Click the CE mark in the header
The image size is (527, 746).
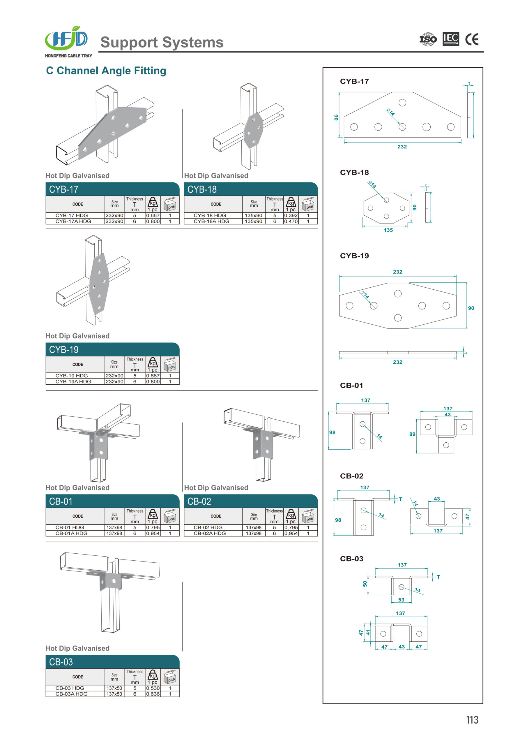tap(471, 39)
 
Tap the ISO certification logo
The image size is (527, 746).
tap(428, 39)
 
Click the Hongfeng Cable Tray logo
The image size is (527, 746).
tap(68, 42)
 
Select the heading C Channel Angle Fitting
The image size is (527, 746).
tap(106, 71)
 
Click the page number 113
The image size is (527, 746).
tap(472, 720)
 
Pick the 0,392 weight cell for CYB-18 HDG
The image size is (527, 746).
tap(291, 215)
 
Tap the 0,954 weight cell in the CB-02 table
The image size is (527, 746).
tap(291, 533)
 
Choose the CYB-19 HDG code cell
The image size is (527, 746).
tap(72, 376)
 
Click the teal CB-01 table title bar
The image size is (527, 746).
tap(112, 501)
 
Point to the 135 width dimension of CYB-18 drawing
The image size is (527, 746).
tap(388, 230)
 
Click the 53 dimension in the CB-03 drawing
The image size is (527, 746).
tap(401, 600)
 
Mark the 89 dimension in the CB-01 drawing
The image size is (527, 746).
tap(412, 434)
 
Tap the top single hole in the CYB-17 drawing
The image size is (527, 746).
tap(402, 103)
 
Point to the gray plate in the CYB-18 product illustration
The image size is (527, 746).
tap(254, 130)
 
